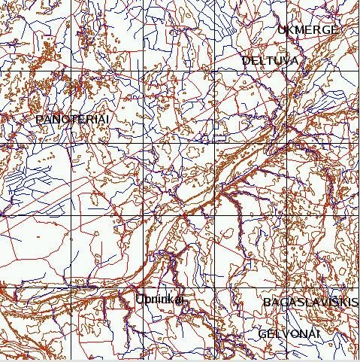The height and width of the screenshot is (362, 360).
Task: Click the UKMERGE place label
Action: click(308, 30)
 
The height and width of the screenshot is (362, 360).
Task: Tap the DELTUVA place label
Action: click(270, 60)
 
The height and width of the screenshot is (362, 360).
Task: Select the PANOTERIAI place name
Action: click(72, 120)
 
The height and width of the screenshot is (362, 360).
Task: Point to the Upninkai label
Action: click(159, 300)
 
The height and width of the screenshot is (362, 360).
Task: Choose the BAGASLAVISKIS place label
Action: click(310, 303)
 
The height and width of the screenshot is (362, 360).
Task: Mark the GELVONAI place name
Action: click(289, 333)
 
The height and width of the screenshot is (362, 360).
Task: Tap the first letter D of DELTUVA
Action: click(246, 60)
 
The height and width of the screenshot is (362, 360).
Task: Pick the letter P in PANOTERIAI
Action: click(39, 120)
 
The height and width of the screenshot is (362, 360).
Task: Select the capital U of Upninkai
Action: click(140, 300)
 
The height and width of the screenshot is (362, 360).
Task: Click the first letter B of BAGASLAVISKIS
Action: click(267, 303)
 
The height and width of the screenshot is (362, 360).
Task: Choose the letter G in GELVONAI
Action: click(262, 333)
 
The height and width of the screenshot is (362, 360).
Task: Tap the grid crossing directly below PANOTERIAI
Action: click(71, 143)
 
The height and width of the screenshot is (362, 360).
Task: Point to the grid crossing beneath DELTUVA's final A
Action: click(287, 71)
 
